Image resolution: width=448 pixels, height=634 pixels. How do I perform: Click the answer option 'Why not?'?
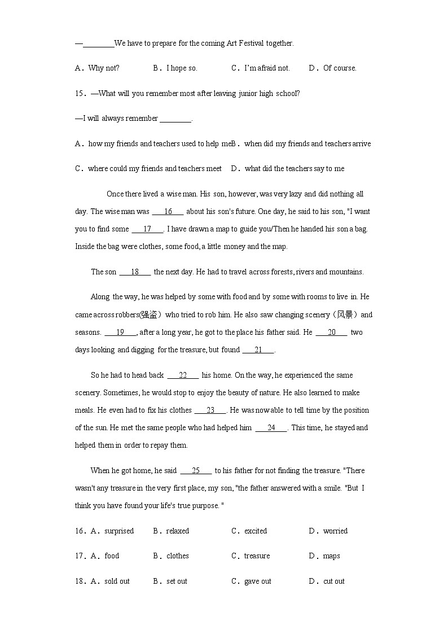tap(104, 68)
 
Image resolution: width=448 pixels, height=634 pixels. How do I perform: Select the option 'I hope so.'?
tap(182, 68)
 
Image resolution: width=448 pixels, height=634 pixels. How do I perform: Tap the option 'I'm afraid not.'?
tap(267, 68)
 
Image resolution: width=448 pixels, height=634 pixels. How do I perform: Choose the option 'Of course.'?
tap(340, 68)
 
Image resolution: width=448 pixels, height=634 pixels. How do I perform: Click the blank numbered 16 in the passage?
tap(168, 212)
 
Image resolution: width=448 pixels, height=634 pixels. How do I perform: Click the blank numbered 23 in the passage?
tap(210, 410)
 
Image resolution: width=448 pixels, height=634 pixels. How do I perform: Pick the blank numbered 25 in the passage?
tap(196, 471)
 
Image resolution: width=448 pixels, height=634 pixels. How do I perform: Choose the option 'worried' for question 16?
tap(335, 531)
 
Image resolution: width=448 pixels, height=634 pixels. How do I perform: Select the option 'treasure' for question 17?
tap(257, 556)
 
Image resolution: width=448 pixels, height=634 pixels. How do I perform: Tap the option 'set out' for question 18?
tap(177, 581)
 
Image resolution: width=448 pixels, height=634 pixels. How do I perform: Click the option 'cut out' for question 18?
tap(333, 581)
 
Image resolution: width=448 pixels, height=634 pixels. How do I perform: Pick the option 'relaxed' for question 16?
tap(177, 531)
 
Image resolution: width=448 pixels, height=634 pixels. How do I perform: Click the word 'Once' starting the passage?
tap(115, 194)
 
